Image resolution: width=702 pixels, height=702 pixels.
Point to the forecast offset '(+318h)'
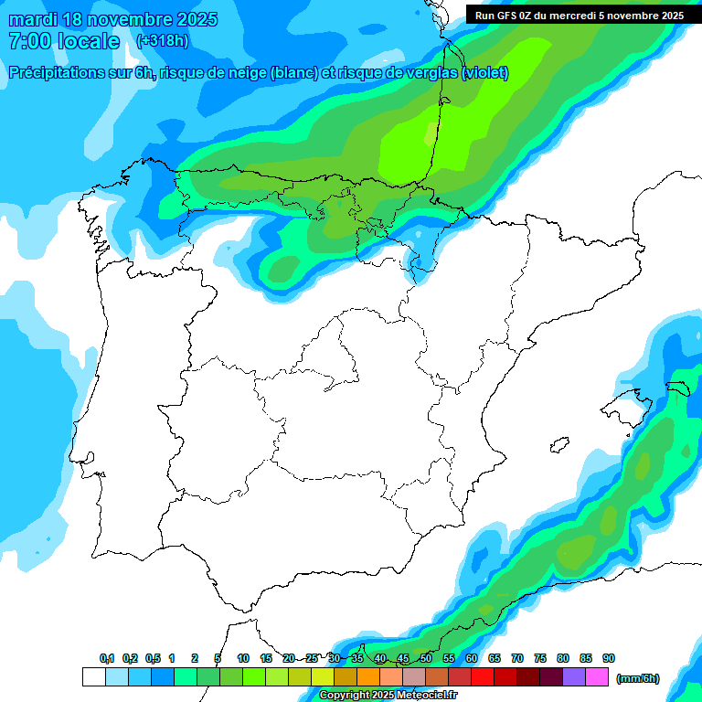point(162,41)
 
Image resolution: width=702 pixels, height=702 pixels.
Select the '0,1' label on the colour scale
point(107,659)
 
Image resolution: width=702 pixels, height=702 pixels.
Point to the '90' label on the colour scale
point(609,659)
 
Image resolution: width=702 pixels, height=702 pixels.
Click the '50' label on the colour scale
point(426,659)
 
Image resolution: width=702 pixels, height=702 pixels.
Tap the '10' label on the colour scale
point(243,659)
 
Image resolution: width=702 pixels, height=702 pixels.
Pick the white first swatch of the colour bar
point(93,676)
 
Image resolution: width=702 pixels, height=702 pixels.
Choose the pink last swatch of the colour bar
point(597,676)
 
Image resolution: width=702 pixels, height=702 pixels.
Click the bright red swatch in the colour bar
point(483,676)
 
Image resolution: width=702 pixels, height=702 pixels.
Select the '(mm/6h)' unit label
point(638,678)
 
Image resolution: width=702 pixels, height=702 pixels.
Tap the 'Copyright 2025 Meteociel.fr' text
point(389,696)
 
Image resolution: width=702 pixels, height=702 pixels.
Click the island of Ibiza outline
point(558,445)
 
